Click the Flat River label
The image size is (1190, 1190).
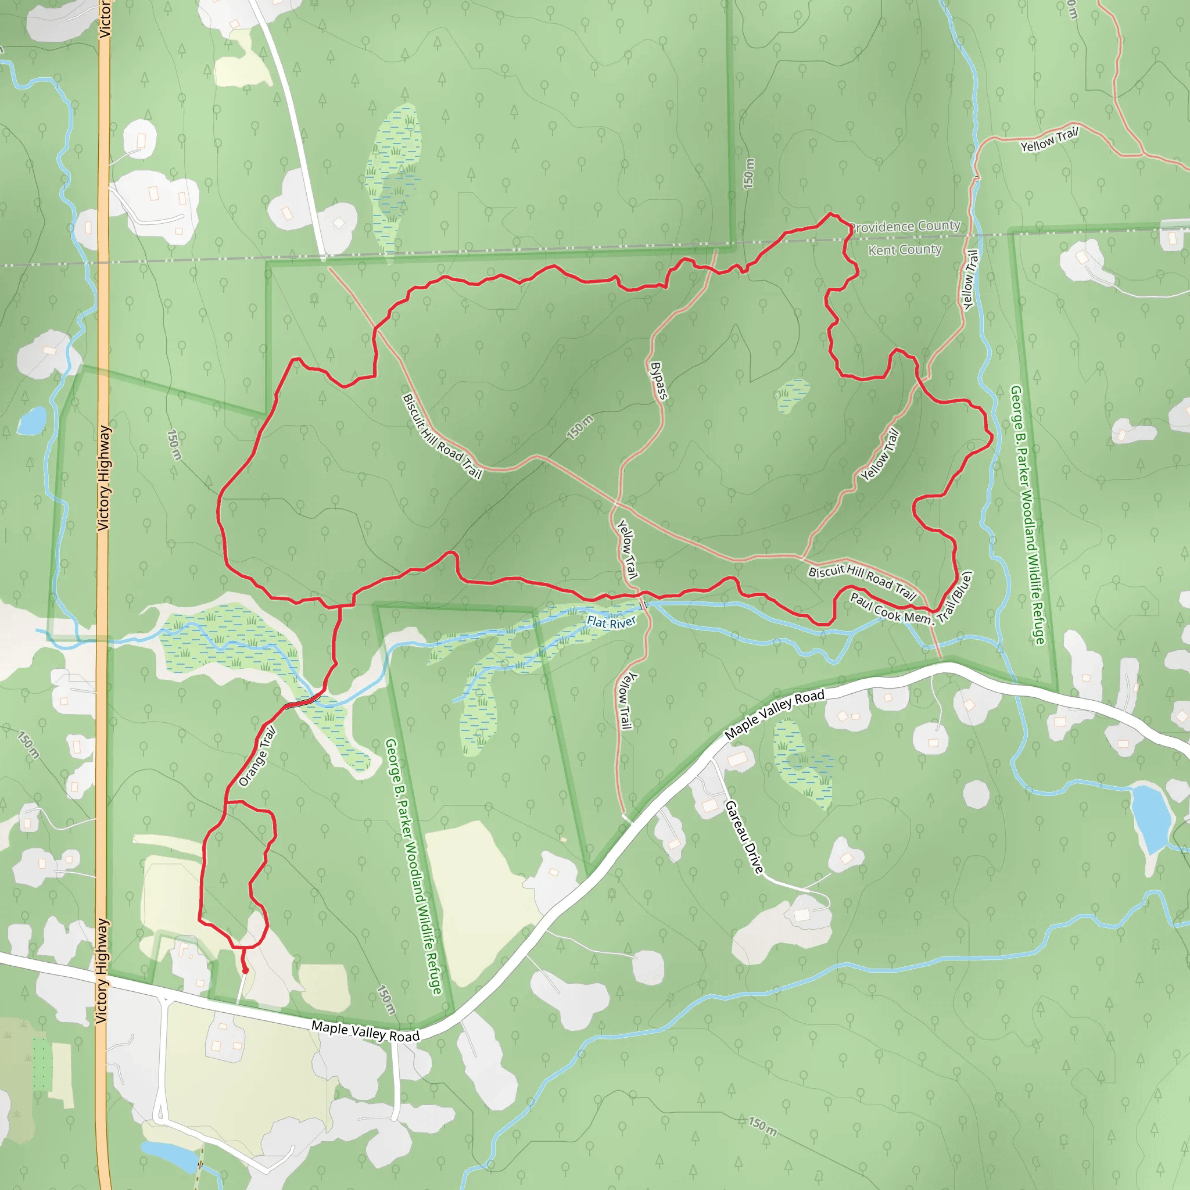[611, 622]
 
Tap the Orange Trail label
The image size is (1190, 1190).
[257, 757]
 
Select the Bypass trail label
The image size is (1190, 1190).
[658, 381]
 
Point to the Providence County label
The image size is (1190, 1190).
[905, 226]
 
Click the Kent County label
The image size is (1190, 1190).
[905, 249]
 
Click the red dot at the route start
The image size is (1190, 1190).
[245, 971]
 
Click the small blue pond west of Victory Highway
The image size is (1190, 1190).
[32, 421]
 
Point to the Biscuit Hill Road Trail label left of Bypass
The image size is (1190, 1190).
[442, 436]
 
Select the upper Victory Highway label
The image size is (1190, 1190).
[103, 478]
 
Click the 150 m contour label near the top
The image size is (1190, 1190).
[748, 173]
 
